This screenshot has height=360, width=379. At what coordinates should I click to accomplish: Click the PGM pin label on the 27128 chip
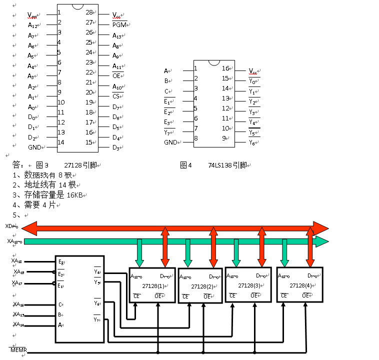point(119,24)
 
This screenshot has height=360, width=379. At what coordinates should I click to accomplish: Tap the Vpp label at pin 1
point(32,15)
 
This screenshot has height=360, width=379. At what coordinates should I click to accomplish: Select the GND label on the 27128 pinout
point(35,147)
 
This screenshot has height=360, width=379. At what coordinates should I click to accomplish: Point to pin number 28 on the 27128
point(89,12)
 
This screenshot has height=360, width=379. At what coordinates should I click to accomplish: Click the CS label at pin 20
point(116,96)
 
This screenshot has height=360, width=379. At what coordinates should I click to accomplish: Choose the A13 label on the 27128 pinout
point(117,35)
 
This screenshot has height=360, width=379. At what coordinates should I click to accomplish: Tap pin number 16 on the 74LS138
point(225,68)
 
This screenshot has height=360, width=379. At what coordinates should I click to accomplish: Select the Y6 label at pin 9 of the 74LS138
point(253,142)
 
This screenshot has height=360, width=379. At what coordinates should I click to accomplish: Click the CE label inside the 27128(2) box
point(185,296)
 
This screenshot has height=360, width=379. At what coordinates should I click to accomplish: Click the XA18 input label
point(17,260)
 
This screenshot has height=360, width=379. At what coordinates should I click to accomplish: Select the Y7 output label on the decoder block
point(96,319)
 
